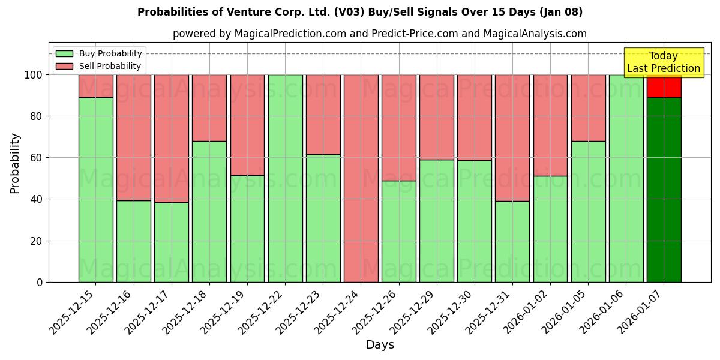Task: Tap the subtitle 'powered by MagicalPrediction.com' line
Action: coord(379,34)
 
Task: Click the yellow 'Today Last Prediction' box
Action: coord(663,62)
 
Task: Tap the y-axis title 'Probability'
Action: coord(15,163)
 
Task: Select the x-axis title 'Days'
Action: coord(380,344)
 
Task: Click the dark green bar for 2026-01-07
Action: coord(664,189)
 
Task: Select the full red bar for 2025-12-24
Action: coord(361,178)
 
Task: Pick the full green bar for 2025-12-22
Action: coord(285,178)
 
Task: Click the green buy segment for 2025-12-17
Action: coord(171,242)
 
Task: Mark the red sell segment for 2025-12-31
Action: coord(512,137)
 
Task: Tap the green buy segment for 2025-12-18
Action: coord(209,211)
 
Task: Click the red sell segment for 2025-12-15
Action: coord(95,86)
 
